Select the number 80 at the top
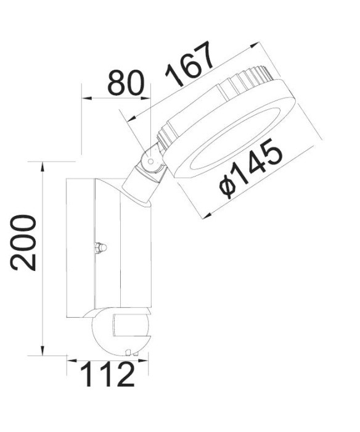(126, 83)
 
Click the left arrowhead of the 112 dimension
(70, 359)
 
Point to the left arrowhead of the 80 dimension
(86, 98)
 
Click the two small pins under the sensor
(129, 353)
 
